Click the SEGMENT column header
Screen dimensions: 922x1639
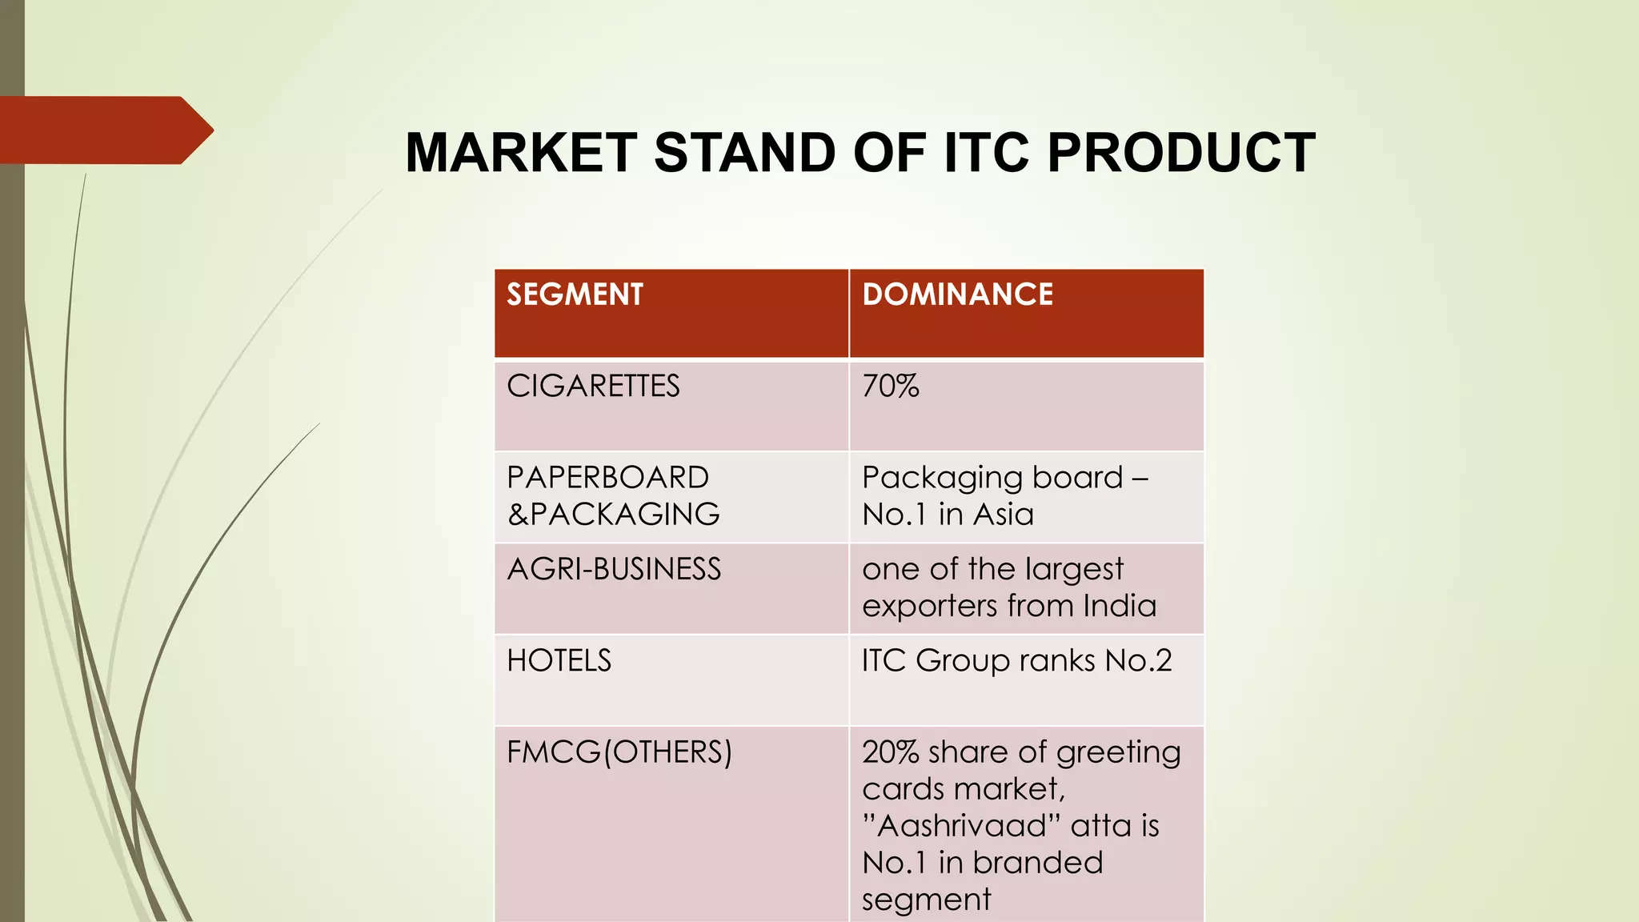pyautogui.click(x=575, y=295)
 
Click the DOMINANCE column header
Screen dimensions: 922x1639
pyautogui.click(x=957, y=295)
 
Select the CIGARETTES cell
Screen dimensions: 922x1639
pyautogui.click(x=593, y=387)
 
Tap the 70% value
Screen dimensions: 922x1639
pyautogui.click(x=890, y=387)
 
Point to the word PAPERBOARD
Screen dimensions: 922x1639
pyautogui.click(x=607, y=478)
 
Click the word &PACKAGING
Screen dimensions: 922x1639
pyautogui.click(x=613, y=514)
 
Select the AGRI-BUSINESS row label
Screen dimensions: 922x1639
pyautogui.click(x=614, y=569)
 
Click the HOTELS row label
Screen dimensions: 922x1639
pyautogui.click(x=559, y=661)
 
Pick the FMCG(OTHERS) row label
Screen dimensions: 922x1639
pyautogui.click(x=619, y=752)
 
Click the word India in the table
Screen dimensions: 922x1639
pyautogui.click(x=1119, y=606)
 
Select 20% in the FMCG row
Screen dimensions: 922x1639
pyautogui.click(x=890, y=752)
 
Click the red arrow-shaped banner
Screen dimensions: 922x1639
pyautogui.click(x=104, y=130)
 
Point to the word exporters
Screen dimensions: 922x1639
pyautogui.click(x=929, y=607)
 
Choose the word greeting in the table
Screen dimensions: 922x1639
pyautogui.click(x=1118, y=753)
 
